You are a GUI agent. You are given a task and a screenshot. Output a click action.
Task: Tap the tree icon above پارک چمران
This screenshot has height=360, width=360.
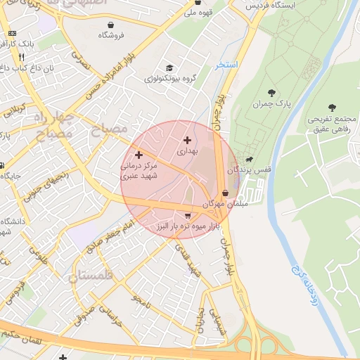pyautogui.click(x=271, y=92)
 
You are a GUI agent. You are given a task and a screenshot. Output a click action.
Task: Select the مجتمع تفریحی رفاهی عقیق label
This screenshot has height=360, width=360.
pyautogui.click(x=333, y=122)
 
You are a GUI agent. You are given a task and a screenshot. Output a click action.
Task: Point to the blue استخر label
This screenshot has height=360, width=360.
pyautogui.click(x=228, y=65)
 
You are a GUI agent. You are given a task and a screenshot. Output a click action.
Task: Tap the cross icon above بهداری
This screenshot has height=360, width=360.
pyautogui.click(x=187, y=140)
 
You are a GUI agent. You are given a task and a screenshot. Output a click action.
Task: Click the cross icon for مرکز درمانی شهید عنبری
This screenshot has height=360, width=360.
pyautogui.click(x=139, y=154)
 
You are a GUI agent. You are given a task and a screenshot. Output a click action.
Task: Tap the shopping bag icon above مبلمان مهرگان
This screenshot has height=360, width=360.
pyautogui.click(x=225, y=193)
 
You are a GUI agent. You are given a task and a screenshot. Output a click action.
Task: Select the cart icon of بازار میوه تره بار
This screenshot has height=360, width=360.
pyautogui.click(x=187, y=215)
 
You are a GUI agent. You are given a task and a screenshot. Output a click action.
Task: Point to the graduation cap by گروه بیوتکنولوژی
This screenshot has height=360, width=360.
pyautogui.click(x=169, y=67)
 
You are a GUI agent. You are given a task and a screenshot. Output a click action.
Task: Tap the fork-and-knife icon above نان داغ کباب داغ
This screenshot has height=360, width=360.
pyautogui.click(x=22, y=57)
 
